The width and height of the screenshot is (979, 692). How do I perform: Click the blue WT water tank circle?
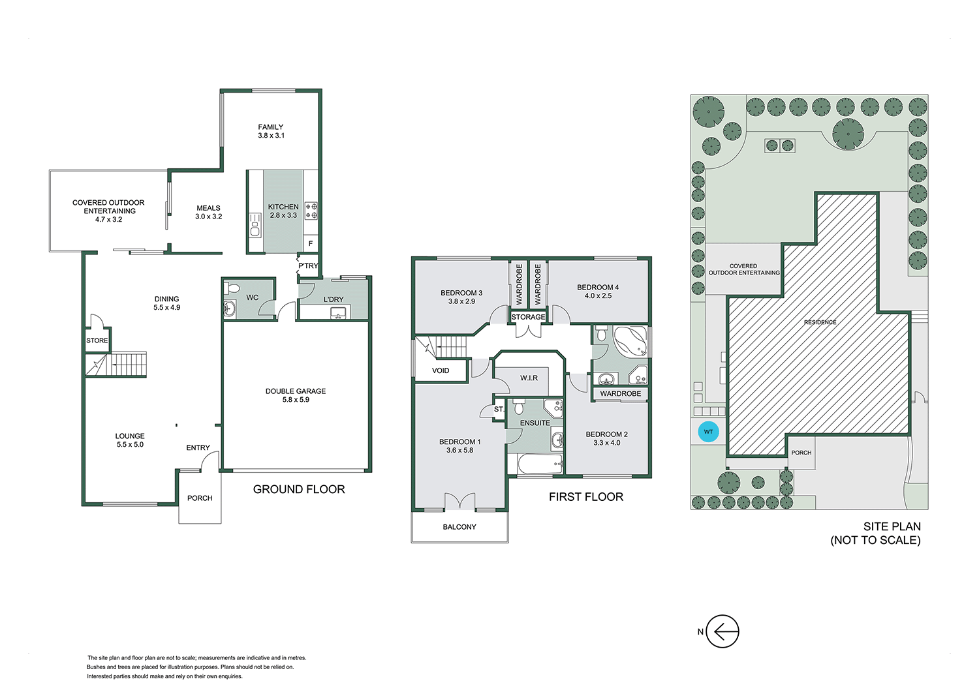click(708, 432)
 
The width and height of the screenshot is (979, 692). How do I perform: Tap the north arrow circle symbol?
click(723, 631)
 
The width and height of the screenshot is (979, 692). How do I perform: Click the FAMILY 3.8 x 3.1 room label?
click(271, 131)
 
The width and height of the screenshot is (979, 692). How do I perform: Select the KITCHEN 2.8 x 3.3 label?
click(283, 211)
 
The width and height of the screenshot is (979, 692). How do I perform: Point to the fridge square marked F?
click(311, 244)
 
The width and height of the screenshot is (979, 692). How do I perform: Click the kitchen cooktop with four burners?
click(311, 211)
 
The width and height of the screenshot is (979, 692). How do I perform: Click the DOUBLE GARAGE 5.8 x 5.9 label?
click(296, 395)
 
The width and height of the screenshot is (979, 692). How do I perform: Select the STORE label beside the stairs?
click(97, 340)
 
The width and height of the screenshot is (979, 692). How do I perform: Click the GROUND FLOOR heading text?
click(299, 489)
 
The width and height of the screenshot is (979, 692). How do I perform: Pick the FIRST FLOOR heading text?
click(585, 497)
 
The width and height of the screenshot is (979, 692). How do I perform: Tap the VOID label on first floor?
click(441, 370)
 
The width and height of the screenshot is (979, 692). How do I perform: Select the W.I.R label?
click(529, 378)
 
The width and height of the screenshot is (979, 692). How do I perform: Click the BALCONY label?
click(459, 527)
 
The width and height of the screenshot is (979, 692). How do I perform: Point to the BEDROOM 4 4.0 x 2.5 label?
click(598, 291)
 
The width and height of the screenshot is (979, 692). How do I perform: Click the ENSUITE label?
click(535, 423)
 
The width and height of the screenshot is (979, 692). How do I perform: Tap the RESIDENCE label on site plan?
click(820, 322)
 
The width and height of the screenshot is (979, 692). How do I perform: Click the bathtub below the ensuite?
click(540, 465)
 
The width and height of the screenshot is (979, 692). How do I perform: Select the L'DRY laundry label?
click(334, 299)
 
